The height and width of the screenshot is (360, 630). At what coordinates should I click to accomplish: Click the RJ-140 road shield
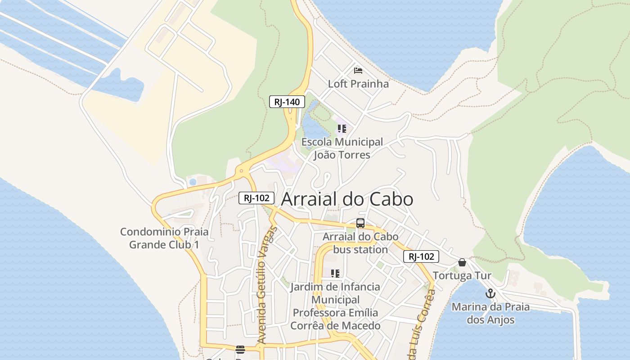(287, 102)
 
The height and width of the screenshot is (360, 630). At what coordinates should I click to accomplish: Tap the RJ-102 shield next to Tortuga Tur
(421, 256)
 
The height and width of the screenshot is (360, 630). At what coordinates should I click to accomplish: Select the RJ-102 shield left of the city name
(256, 198)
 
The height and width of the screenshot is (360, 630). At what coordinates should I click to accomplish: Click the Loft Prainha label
(358, 84)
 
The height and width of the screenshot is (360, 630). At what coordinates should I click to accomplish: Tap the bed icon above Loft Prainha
(358, 71)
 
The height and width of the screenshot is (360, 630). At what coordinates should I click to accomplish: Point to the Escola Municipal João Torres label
(342, 148)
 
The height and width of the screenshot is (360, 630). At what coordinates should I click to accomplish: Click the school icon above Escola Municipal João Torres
(342, 129)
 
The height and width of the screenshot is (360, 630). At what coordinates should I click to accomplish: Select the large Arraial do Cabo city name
(347, 199)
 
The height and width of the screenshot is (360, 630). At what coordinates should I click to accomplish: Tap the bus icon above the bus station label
(360, 223)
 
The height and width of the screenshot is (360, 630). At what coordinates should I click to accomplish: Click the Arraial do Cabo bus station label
(360, 243)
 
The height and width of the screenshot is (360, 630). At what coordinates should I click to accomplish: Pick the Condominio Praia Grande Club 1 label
(164, 238)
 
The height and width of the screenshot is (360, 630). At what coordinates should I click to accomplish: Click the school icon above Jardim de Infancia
(335, 274)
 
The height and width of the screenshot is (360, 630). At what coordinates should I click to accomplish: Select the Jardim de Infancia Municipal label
(335, 306)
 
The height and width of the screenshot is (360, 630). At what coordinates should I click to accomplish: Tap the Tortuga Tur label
(462, 275)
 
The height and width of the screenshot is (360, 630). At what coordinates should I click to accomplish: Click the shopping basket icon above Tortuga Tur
(462, 262)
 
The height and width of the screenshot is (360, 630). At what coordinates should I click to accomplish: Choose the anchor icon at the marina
(490, 294)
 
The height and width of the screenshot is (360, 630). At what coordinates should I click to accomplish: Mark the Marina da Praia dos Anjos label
(490, 314)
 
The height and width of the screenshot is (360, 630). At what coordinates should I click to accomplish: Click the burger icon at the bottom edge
(240, 350)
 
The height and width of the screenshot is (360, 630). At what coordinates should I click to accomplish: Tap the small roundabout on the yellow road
(242, 171)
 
